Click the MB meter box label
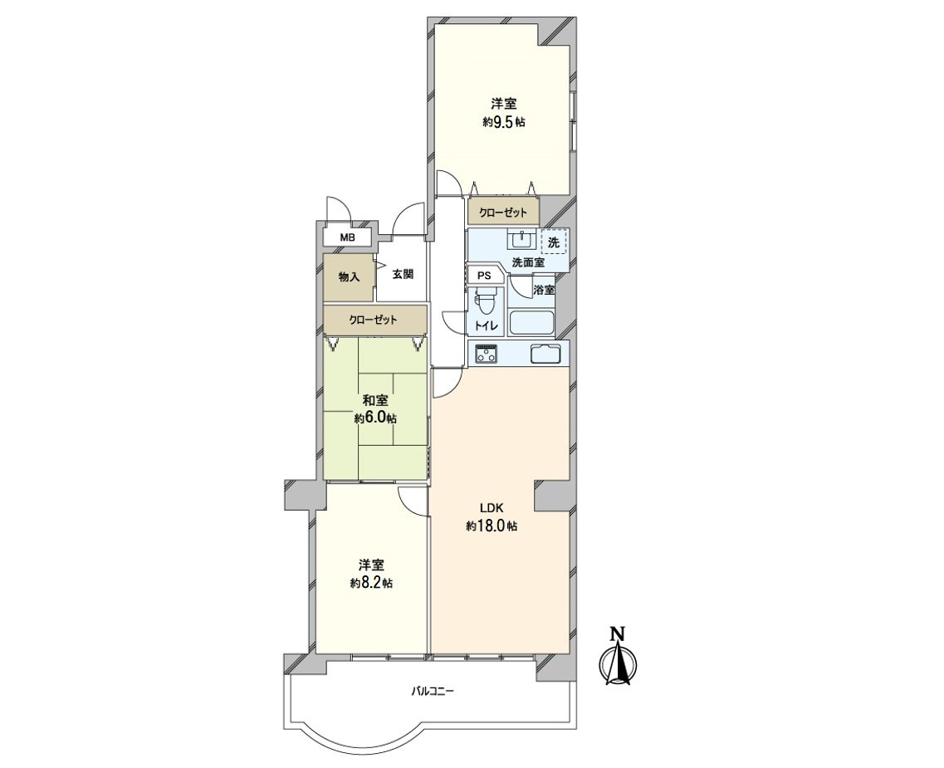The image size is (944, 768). point(347,237)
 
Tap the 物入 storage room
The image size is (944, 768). point(349,277)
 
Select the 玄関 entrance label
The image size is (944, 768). point(403,275)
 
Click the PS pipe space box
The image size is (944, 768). point(484,276)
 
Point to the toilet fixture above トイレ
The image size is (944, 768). point(485,301)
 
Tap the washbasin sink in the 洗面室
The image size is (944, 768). point(521,240)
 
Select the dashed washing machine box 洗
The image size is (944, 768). point(554,242)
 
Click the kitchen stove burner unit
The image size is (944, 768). point(487,354)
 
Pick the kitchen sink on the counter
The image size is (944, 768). point(545,354)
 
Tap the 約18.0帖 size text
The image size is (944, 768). point(492,526)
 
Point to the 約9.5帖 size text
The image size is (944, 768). point(503,121)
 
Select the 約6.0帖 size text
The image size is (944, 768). point(375,418)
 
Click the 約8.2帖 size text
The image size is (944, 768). point(371,583)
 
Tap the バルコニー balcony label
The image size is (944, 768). point(433,691)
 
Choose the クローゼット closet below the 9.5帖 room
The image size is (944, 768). point(503,213)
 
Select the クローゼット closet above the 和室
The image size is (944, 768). point(374,320)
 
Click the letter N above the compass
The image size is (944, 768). point(617,633)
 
